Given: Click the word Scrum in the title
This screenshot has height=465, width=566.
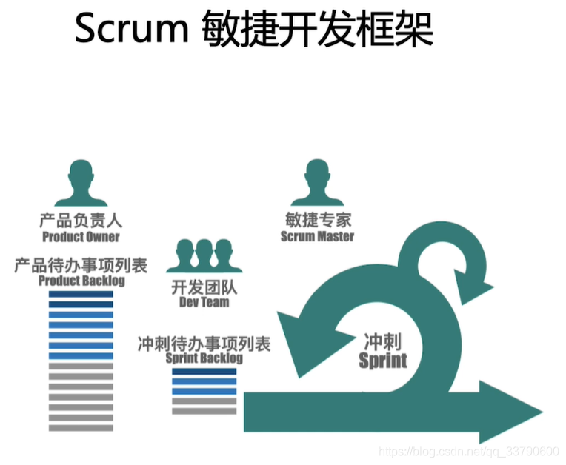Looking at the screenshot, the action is pos(132,28).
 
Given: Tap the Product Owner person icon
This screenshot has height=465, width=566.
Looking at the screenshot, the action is pos(81,183).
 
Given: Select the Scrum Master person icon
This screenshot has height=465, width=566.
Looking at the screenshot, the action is pos(317,183).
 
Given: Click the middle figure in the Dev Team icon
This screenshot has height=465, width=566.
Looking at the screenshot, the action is pos(204,255).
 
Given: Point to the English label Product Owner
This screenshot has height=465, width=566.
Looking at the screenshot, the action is pos(81,237).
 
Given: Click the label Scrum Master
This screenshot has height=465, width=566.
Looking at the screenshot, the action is pos(317,236).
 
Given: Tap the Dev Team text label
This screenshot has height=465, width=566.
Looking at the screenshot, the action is pos(204,302).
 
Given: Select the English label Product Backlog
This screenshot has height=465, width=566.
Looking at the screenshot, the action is pos(81,281).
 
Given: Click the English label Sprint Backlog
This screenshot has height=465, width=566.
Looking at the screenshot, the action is pos(204,358).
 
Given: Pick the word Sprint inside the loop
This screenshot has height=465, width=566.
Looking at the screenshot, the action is pos(383,361).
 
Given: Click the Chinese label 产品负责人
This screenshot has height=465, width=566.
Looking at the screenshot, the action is pos(81,220).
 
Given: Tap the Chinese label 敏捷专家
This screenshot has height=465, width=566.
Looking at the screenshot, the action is pos(318,219).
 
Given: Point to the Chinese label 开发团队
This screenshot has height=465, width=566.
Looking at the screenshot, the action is pos(204,287).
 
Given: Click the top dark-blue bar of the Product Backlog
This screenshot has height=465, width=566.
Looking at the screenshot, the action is pos(81,294).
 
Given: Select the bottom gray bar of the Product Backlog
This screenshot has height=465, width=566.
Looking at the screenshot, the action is pos(81,428).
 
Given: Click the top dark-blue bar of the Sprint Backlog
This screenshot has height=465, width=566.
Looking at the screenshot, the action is pos(204,371).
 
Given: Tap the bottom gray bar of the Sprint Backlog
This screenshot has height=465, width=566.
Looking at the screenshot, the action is pos(204,411).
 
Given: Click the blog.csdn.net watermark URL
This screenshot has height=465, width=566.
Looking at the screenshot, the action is pos(468,451).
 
